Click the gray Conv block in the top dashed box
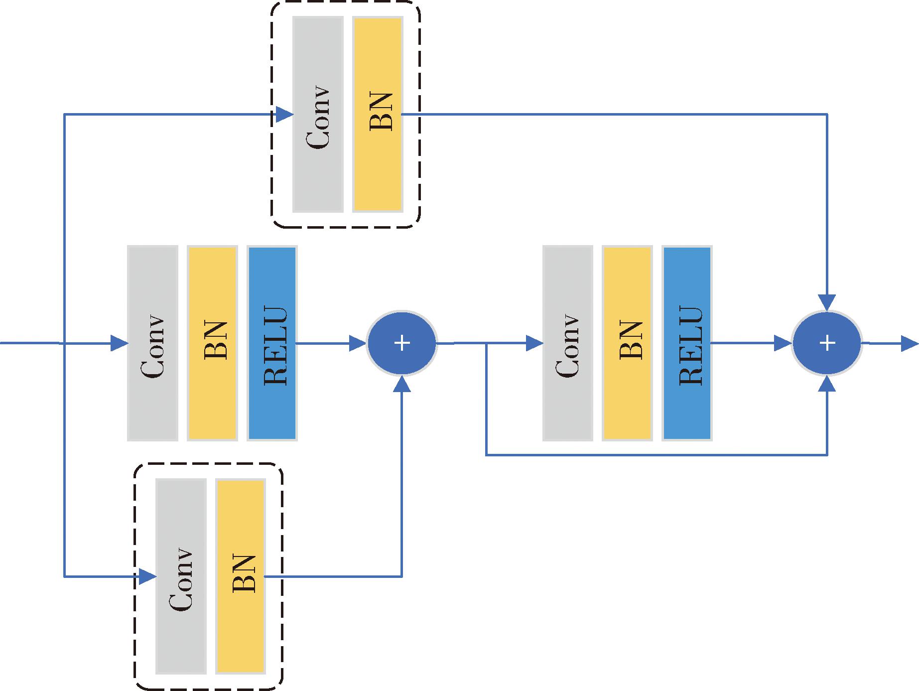(318, 114)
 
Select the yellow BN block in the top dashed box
(377, 114)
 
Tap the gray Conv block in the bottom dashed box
(181, 576)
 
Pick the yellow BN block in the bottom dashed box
(240, 576)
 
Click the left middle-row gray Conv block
(152, 343)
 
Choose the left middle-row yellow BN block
(212, 343)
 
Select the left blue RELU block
(272, 343)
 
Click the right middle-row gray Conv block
(568, 343)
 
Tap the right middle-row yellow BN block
(627, 343)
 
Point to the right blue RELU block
(687, 343)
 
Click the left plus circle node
(401, 343)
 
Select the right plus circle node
(827, 343)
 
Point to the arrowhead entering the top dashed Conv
(285, 114)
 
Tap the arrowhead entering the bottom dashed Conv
(148, 576)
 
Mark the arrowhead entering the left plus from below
(401, 384)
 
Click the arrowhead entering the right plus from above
(827, 302)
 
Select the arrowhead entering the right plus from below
(827, 384)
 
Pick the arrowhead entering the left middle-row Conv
(119, 343)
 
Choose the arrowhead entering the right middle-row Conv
(534, 343)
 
